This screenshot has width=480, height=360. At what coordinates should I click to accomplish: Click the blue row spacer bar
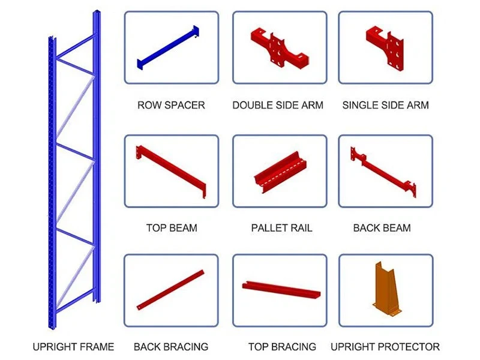point(168,48)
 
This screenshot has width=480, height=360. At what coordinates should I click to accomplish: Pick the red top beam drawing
point(171,171)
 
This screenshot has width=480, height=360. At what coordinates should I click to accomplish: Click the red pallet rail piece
point(280,172)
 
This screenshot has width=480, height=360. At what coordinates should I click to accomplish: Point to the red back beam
point(383,172)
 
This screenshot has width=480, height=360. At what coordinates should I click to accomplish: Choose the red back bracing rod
point(170,290)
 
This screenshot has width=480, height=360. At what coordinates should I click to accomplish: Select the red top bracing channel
point(281,289)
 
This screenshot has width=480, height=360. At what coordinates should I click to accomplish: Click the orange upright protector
point(386,289)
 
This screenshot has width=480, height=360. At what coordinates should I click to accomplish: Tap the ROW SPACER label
point(171,105)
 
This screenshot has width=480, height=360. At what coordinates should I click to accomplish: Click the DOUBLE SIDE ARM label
point(278,105)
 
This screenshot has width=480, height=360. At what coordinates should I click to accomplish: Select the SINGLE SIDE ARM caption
point(385,105)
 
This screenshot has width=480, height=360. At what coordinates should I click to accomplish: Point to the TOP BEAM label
point(172,228)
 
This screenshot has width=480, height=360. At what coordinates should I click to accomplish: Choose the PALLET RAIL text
point(281,228)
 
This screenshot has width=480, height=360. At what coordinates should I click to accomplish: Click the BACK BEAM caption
point(382,228)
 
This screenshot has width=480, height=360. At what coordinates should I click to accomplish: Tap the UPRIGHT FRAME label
point(73,347)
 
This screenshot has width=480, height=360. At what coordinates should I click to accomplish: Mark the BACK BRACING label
point(171,347)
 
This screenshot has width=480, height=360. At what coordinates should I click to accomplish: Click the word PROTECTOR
point(409,347)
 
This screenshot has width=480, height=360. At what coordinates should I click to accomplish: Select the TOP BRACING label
point(282,347)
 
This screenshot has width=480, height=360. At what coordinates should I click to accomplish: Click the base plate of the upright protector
point(387,310)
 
